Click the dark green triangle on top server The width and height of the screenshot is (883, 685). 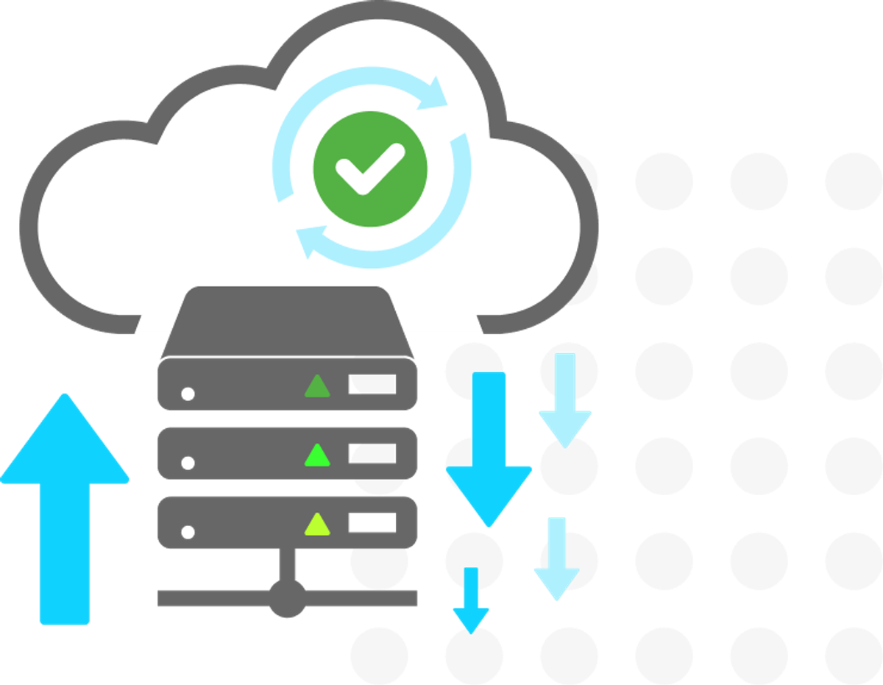(318, 387)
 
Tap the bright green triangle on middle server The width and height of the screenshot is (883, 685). (318, 455)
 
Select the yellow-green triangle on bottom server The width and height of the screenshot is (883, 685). (318, 524)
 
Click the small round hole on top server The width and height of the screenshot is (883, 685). (188, 394)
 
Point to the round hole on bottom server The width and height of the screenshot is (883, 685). (188, 531)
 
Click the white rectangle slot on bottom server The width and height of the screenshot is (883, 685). (372, 523)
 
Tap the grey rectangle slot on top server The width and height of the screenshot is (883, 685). (372, 384)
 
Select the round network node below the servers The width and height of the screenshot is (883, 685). (287, 597)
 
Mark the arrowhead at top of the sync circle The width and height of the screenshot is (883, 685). (437, 93)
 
